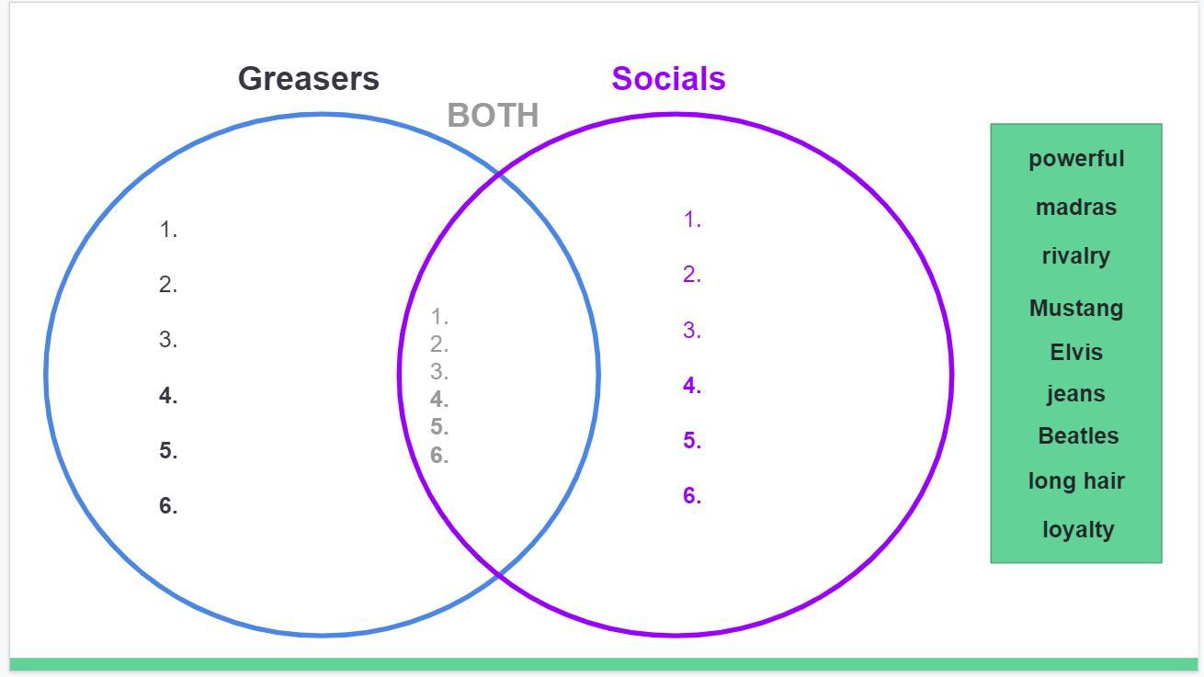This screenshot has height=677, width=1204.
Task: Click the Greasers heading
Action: pos(308,79)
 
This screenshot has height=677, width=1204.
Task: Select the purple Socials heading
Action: pos(668,79)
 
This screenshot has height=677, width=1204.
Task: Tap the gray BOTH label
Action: pos(493,116)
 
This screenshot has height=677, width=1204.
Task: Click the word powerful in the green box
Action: pos(1076,158)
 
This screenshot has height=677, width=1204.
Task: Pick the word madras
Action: pos(1076,207)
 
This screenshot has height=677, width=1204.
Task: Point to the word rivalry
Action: pos(1076,255)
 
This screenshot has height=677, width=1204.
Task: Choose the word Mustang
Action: pos(1076,308)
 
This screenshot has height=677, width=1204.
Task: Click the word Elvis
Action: pos(1076,352)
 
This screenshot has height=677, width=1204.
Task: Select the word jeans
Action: pos(1076,393)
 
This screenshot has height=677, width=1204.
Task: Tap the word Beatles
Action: pos(1078,435)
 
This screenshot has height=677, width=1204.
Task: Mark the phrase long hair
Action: pos(1076,480)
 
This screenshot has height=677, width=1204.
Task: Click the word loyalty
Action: pos(1078,529)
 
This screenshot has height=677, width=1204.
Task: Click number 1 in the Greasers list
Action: pos(167,230)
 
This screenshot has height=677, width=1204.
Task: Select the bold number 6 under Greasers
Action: pos(167,505)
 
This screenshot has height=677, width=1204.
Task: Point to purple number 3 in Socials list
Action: pos(692,331)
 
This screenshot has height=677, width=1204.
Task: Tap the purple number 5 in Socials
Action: pos(692,441)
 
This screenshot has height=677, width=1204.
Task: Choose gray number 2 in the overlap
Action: pos(439,344)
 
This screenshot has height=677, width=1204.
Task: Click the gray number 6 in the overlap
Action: pos(439,455)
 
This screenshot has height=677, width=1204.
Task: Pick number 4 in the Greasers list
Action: pos(167,396)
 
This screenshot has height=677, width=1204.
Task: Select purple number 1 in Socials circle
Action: pos(692,220)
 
